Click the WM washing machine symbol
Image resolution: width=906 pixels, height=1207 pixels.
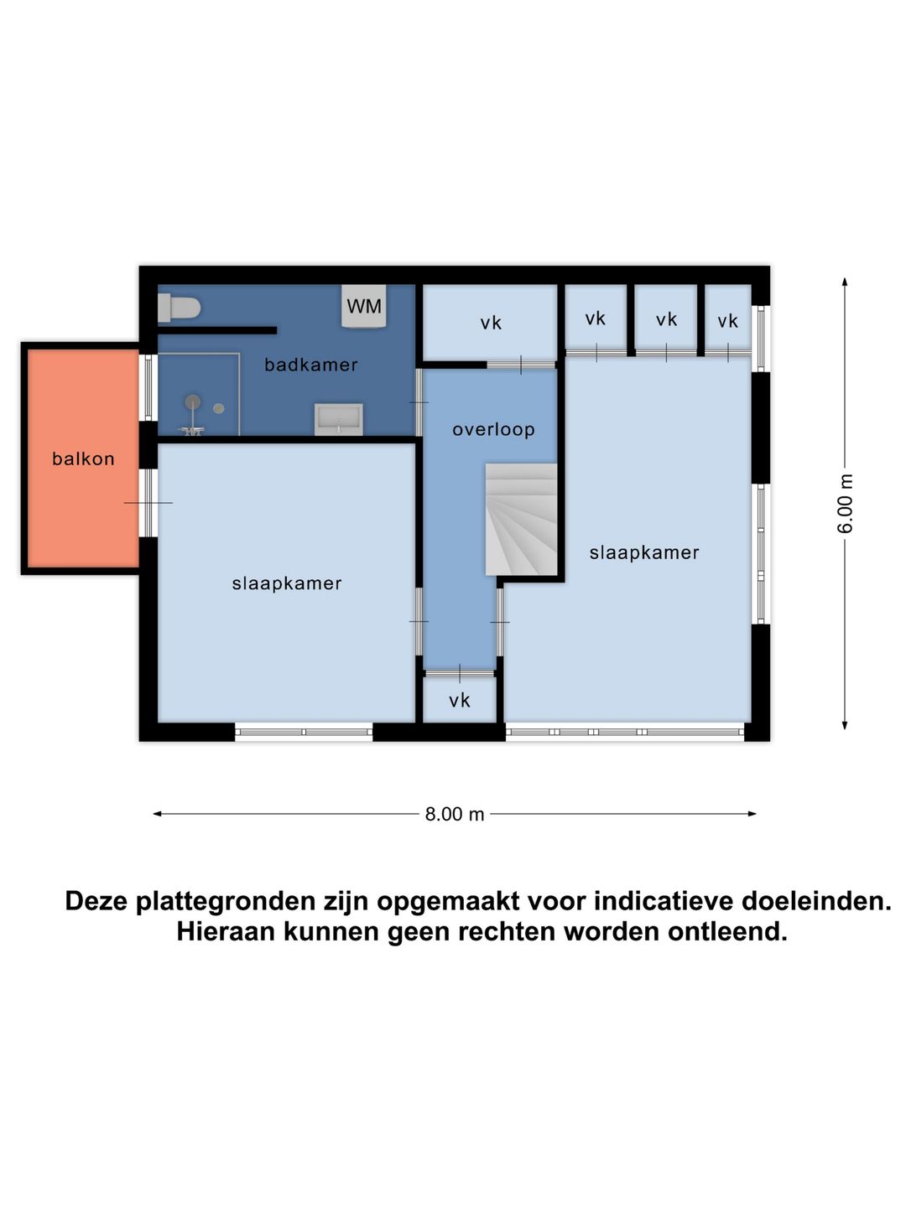364,306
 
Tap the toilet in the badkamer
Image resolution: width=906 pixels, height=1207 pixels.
180,308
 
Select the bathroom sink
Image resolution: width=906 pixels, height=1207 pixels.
339,418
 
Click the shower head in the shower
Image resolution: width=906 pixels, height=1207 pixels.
193,403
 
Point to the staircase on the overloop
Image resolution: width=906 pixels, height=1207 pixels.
521,519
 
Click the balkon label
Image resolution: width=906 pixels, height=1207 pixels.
83,458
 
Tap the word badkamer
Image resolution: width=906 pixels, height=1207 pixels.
310,365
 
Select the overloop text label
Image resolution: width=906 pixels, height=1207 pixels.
493,429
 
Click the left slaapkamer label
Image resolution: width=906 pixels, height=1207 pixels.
287,583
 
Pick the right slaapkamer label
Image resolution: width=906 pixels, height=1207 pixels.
644,552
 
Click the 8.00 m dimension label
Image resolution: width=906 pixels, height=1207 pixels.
455,814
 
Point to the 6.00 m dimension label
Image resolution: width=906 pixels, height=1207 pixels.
846,504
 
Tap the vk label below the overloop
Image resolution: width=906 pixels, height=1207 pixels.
459,701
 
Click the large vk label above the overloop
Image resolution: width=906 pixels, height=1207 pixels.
491,323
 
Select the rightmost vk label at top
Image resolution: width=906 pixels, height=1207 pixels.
727,321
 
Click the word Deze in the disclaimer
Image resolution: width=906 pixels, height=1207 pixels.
97,901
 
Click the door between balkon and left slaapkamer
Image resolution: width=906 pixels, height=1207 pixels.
148,503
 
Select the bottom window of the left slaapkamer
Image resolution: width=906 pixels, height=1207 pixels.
304,732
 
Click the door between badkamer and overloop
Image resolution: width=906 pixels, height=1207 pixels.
419,402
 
